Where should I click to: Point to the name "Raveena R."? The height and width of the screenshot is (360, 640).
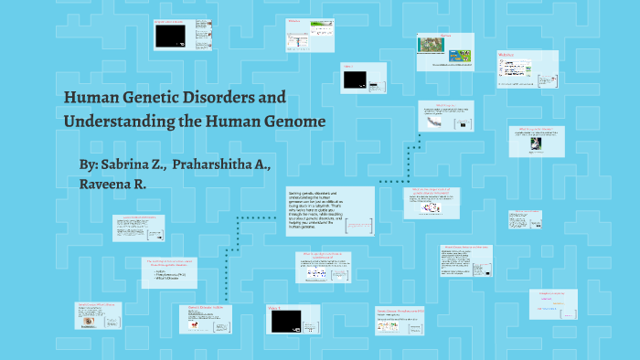(112, 184)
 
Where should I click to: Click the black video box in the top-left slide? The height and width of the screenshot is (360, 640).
(170, 36)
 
